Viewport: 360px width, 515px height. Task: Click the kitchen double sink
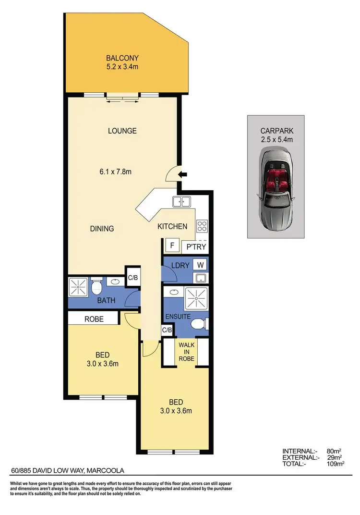181,202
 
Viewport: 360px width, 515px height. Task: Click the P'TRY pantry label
196,247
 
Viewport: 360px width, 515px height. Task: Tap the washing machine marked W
200,265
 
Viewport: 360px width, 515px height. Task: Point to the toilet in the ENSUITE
199,325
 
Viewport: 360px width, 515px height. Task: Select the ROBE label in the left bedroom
94,319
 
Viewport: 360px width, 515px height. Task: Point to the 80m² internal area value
333,451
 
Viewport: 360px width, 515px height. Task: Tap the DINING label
102,229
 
